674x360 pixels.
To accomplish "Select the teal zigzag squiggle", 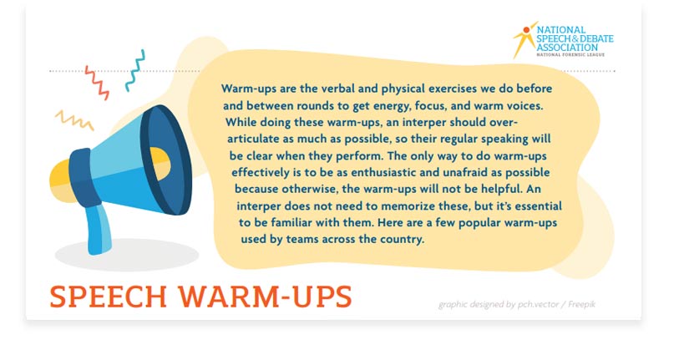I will (135, 70).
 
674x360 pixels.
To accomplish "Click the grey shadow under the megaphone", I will (125, 254).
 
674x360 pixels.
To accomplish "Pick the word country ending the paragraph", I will (403, 239).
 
